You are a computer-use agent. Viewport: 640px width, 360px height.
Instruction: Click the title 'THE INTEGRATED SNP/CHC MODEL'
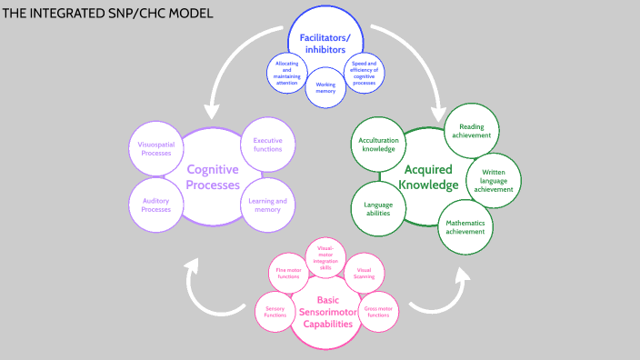tap(109, 14)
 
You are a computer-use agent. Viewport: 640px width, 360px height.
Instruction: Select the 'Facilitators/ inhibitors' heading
tap(325, 42)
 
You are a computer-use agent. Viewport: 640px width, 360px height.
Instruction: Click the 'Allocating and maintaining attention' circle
tap(287, 72)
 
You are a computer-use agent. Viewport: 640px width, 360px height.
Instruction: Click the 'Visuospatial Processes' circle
tap(155, 149)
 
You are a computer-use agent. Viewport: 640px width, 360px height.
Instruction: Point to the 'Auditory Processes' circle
tap(155, 205)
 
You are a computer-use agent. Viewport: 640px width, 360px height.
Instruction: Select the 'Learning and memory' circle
tap(267, 205)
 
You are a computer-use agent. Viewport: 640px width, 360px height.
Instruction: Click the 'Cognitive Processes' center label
tap(212, 176)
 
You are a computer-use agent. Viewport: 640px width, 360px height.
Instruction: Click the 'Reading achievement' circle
tap(471, 131)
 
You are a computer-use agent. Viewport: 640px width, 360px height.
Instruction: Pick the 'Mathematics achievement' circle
tap(465, 225)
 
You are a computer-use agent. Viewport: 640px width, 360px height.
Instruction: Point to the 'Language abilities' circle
tap(378, 208)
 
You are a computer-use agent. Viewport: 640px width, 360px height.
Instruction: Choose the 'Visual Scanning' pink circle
tap(364, 274)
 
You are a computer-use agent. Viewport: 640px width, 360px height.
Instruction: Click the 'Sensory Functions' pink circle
tap(275, 314)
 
